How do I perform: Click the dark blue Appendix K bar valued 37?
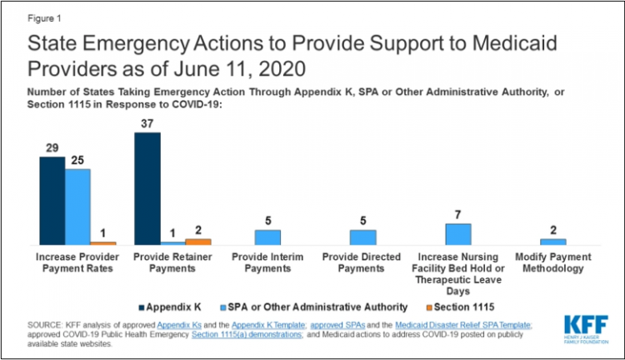tap(147, 187)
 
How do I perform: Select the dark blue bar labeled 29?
tap(52, 200)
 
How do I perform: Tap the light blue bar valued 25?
tap(77, 206)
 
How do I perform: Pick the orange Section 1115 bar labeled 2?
tap(198, 241)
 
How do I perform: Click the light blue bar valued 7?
tap(457, 233)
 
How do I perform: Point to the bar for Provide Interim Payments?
tap(267, 237)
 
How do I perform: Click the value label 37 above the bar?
tap(147, 124)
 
